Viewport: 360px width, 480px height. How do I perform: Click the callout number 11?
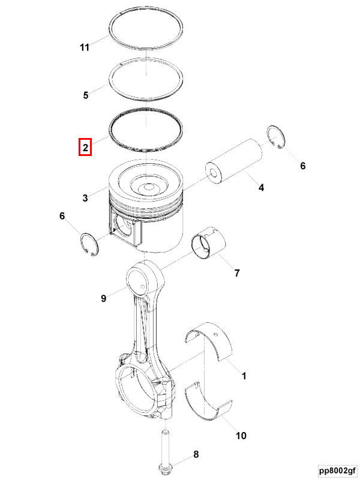coord(85,47)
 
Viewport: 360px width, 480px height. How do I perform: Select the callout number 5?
coord(86,95)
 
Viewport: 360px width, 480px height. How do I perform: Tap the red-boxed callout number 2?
coord(85,148)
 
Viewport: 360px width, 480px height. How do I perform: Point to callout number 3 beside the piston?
coord(85,198)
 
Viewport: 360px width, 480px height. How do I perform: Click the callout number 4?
coord(261,187)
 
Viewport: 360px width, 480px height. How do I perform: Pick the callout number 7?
coord(237,273)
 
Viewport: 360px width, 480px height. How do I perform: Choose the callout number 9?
coord(103,298)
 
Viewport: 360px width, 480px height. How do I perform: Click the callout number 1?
coord(244,376)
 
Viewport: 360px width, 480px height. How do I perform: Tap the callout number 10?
coord(241,436)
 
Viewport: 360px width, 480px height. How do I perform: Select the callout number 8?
coord(196,454)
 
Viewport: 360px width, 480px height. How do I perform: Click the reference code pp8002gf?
coord(337,470)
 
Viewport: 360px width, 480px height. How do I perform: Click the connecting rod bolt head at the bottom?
coord(164,468)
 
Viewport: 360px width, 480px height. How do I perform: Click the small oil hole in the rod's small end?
coord(142,287)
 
